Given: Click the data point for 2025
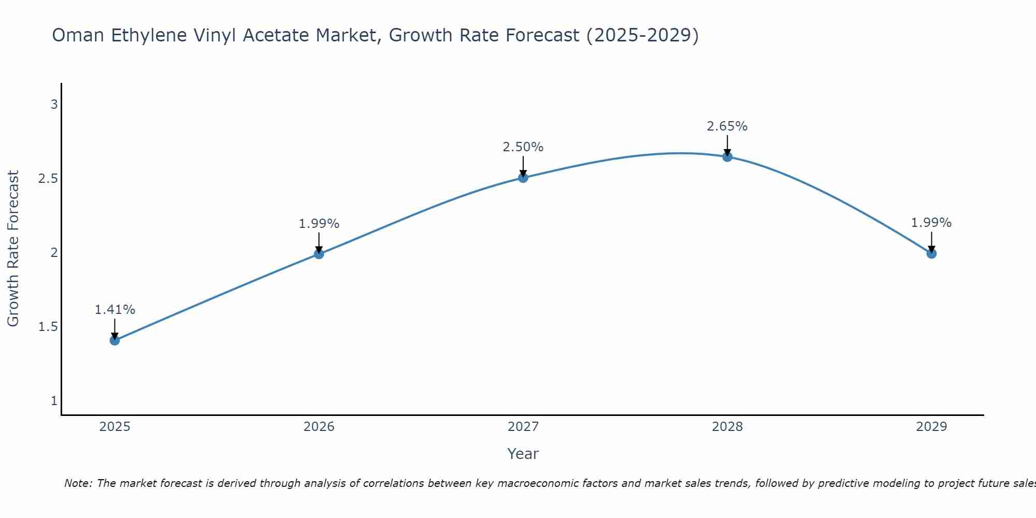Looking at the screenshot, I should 114,340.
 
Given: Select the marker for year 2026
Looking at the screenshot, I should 319,254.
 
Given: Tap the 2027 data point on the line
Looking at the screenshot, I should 523,178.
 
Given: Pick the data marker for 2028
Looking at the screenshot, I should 727,157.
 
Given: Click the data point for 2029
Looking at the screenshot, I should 931,253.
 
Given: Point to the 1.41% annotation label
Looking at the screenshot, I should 114,310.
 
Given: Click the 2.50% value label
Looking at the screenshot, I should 523,147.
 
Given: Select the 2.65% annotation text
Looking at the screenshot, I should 727,126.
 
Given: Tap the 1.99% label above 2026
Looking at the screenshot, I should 319,224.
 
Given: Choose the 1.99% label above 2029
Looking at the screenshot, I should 931,223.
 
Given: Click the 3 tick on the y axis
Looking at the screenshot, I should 54,105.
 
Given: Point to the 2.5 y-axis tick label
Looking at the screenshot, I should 48,179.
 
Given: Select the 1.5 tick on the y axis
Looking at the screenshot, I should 48,327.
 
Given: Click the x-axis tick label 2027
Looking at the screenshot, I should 523,427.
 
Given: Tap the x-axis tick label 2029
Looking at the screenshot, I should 931,427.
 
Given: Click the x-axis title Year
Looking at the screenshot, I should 523,454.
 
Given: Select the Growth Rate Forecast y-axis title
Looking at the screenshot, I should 13,249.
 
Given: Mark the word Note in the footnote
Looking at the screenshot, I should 78,483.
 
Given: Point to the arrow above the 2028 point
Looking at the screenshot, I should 727,145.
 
